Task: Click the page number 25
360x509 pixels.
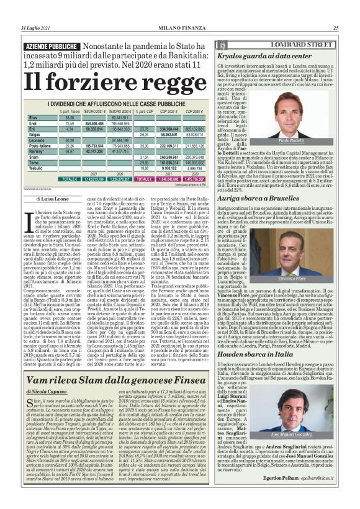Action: point(336,27)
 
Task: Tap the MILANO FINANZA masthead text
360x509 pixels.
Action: point(180,27)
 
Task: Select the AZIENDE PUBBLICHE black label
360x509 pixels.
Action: point(51,47)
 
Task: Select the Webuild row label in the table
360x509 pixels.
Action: point(37,168)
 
